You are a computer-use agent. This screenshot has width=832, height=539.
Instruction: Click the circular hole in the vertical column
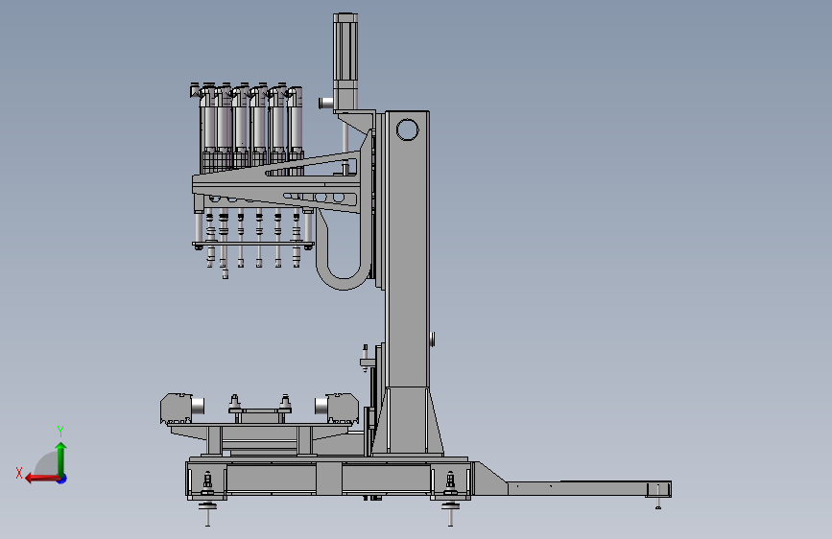(x=407, y=130)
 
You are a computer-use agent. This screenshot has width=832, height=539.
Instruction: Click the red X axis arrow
(x=42, y=479)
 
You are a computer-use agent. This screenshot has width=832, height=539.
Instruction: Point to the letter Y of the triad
(x=59, y=431)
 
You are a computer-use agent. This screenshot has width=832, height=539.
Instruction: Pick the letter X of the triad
(x=19, y=473)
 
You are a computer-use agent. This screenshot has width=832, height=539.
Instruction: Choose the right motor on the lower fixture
(x=337, y=408)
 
